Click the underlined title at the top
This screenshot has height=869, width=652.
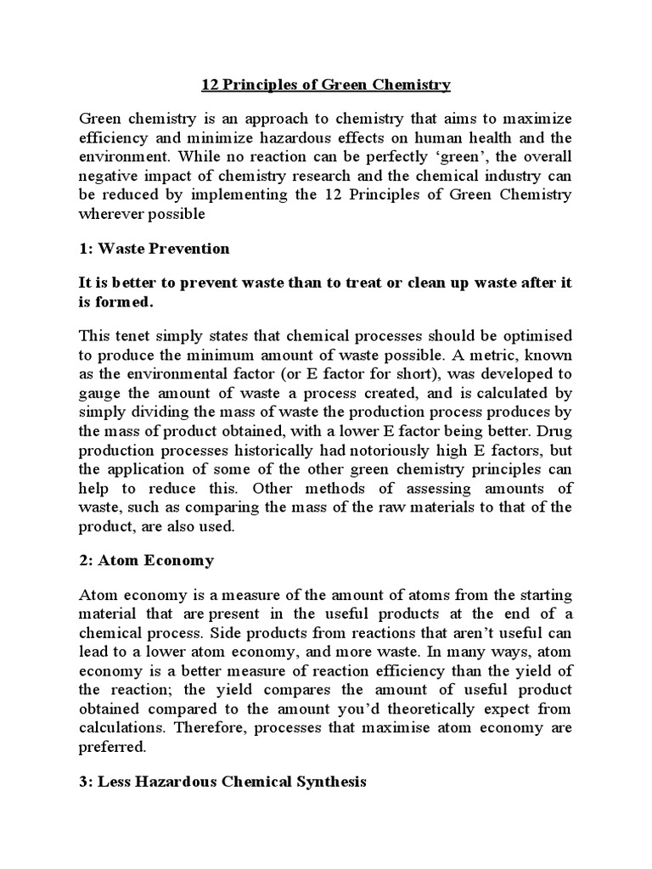[x=325, y=85]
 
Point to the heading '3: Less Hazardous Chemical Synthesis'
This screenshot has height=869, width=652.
[x=222, y=782]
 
